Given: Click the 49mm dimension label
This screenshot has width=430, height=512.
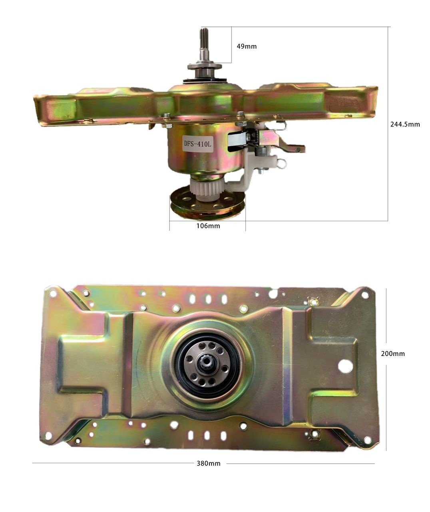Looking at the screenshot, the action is pyautogui.click(x=247, y=46).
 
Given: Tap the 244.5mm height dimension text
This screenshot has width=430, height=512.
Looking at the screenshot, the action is pyautogui.click(x=405, y=124).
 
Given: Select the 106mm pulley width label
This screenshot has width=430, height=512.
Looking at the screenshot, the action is pyautogui.click(x=208, y=226).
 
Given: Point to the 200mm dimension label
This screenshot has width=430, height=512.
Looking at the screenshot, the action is pyautogui.click(x=393, y=354).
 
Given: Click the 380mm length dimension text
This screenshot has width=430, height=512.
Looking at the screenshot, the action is pyautogui.click(x=209, y=464).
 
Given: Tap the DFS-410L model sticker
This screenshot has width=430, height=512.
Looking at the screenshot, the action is pyautogui.click(x=197, y=144).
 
